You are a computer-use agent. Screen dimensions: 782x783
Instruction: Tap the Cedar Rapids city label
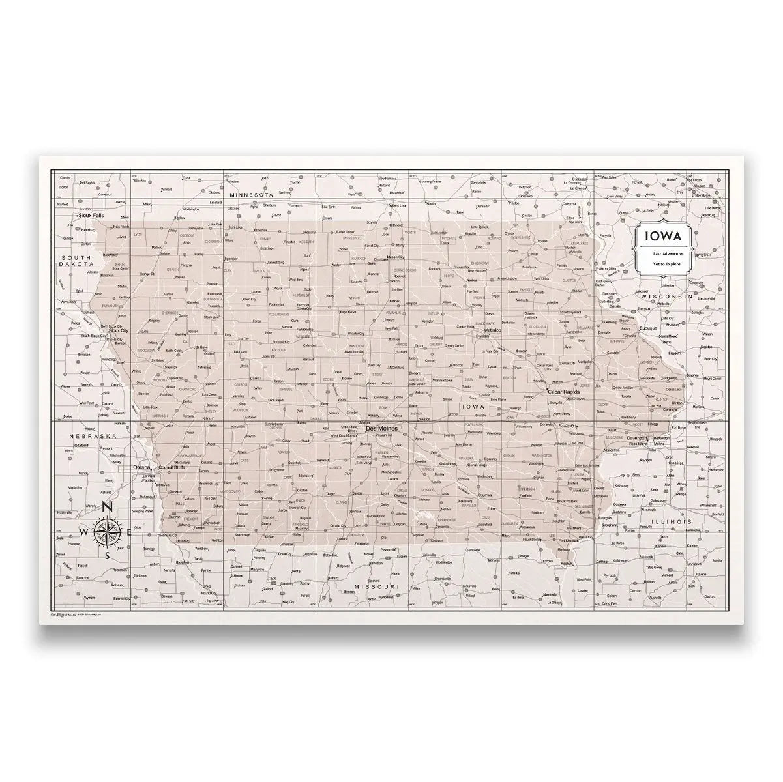(564, 392)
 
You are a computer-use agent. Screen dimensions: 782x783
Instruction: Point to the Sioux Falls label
(91, 214)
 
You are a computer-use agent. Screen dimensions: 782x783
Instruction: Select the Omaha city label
(141, 467)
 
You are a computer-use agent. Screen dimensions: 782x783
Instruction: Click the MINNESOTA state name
(250, 195)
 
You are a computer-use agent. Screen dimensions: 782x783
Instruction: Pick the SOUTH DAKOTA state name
(70, 261)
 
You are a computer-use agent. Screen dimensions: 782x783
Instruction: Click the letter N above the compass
(109, 510)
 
